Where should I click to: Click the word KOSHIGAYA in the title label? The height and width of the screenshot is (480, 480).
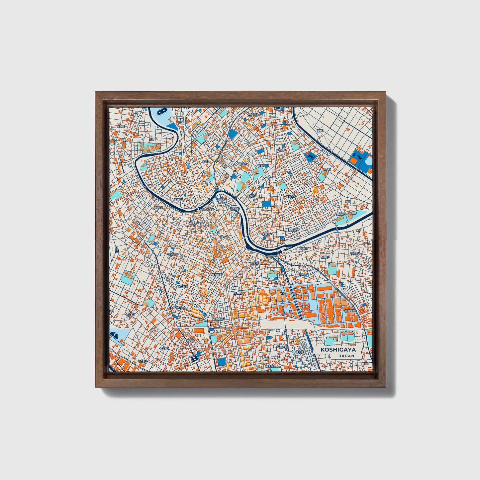pyautogui.click(x=338, y=350)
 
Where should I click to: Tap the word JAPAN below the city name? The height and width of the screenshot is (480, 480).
pyautogui.click(x=346, y=356)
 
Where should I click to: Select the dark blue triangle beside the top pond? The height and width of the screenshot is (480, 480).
pyautogui.click(x=173, y=126)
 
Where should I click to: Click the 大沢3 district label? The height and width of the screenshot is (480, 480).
pyautogui.click(x=206, y=161)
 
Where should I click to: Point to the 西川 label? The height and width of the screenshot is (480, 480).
pyautogui.click(x=348, y=202)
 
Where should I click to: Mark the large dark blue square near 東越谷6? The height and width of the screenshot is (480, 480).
pyautogui.click(x=266, y=203)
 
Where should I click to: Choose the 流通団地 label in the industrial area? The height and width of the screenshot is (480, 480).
pyautogui.click(x=349, y=311)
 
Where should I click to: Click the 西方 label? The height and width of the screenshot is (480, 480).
pyautogui.click(x=283, y=294)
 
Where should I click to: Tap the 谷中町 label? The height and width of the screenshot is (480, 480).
pyautogui.click(x=176, y=307)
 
